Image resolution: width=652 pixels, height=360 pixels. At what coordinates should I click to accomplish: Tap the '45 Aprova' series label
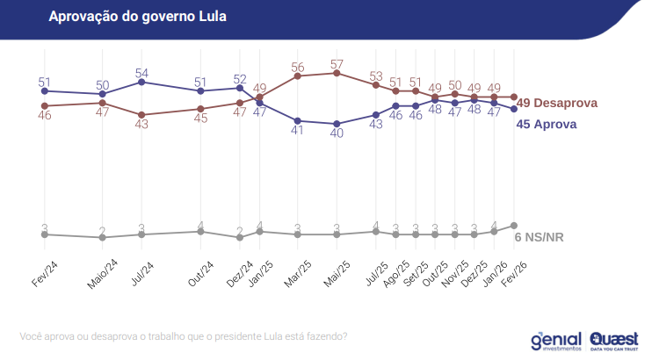546,125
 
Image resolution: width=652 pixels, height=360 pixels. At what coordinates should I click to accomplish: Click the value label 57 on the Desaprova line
337,64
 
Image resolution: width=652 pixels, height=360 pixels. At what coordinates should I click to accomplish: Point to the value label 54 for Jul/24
142,73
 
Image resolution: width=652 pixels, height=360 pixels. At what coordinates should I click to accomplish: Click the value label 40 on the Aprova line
337,134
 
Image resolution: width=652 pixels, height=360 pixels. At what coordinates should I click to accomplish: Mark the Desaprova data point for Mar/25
298,76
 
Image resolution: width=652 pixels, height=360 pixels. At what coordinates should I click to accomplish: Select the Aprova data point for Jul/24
142,83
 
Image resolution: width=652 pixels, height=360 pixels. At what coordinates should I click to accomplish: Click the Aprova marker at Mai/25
337,124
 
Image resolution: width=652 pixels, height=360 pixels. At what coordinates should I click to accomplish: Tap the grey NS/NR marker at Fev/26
514,226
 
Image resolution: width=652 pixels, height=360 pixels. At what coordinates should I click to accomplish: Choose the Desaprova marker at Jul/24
142,115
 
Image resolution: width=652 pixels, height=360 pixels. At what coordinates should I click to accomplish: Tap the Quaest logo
613,339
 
